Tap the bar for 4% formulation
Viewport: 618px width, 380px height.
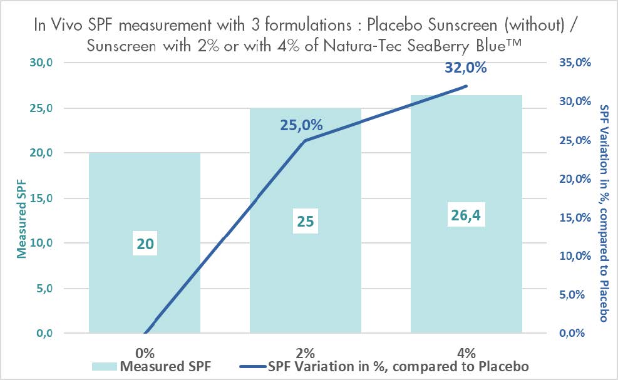point(466,157)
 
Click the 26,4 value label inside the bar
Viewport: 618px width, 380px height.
point(466,216)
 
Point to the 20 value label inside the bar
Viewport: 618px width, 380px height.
point(145,244)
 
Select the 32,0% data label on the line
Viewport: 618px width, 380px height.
point(466,68)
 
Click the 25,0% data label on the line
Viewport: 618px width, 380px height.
point(301,125)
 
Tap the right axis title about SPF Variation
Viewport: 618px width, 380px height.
point(604,213)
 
